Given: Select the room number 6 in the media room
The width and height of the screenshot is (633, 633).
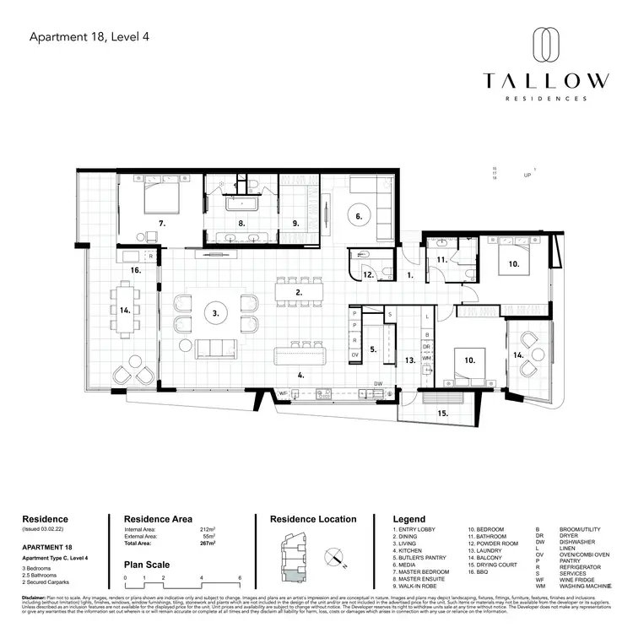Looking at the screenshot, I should [359, 216].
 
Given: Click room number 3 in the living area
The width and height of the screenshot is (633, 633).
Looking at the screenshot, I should [216, 312].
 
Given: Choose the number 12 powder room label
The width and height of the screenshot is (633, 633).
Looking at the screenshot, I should [368, 274].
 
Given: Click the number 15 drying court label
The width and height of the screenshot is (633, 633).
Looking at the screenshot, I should [443, 413].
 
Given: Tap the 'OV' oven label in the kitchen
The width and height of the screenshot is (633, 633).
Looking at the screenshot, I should [354, 355].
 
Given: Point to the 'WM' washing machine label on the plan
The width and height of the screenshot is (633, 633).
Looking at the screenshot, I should [426, 358].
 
